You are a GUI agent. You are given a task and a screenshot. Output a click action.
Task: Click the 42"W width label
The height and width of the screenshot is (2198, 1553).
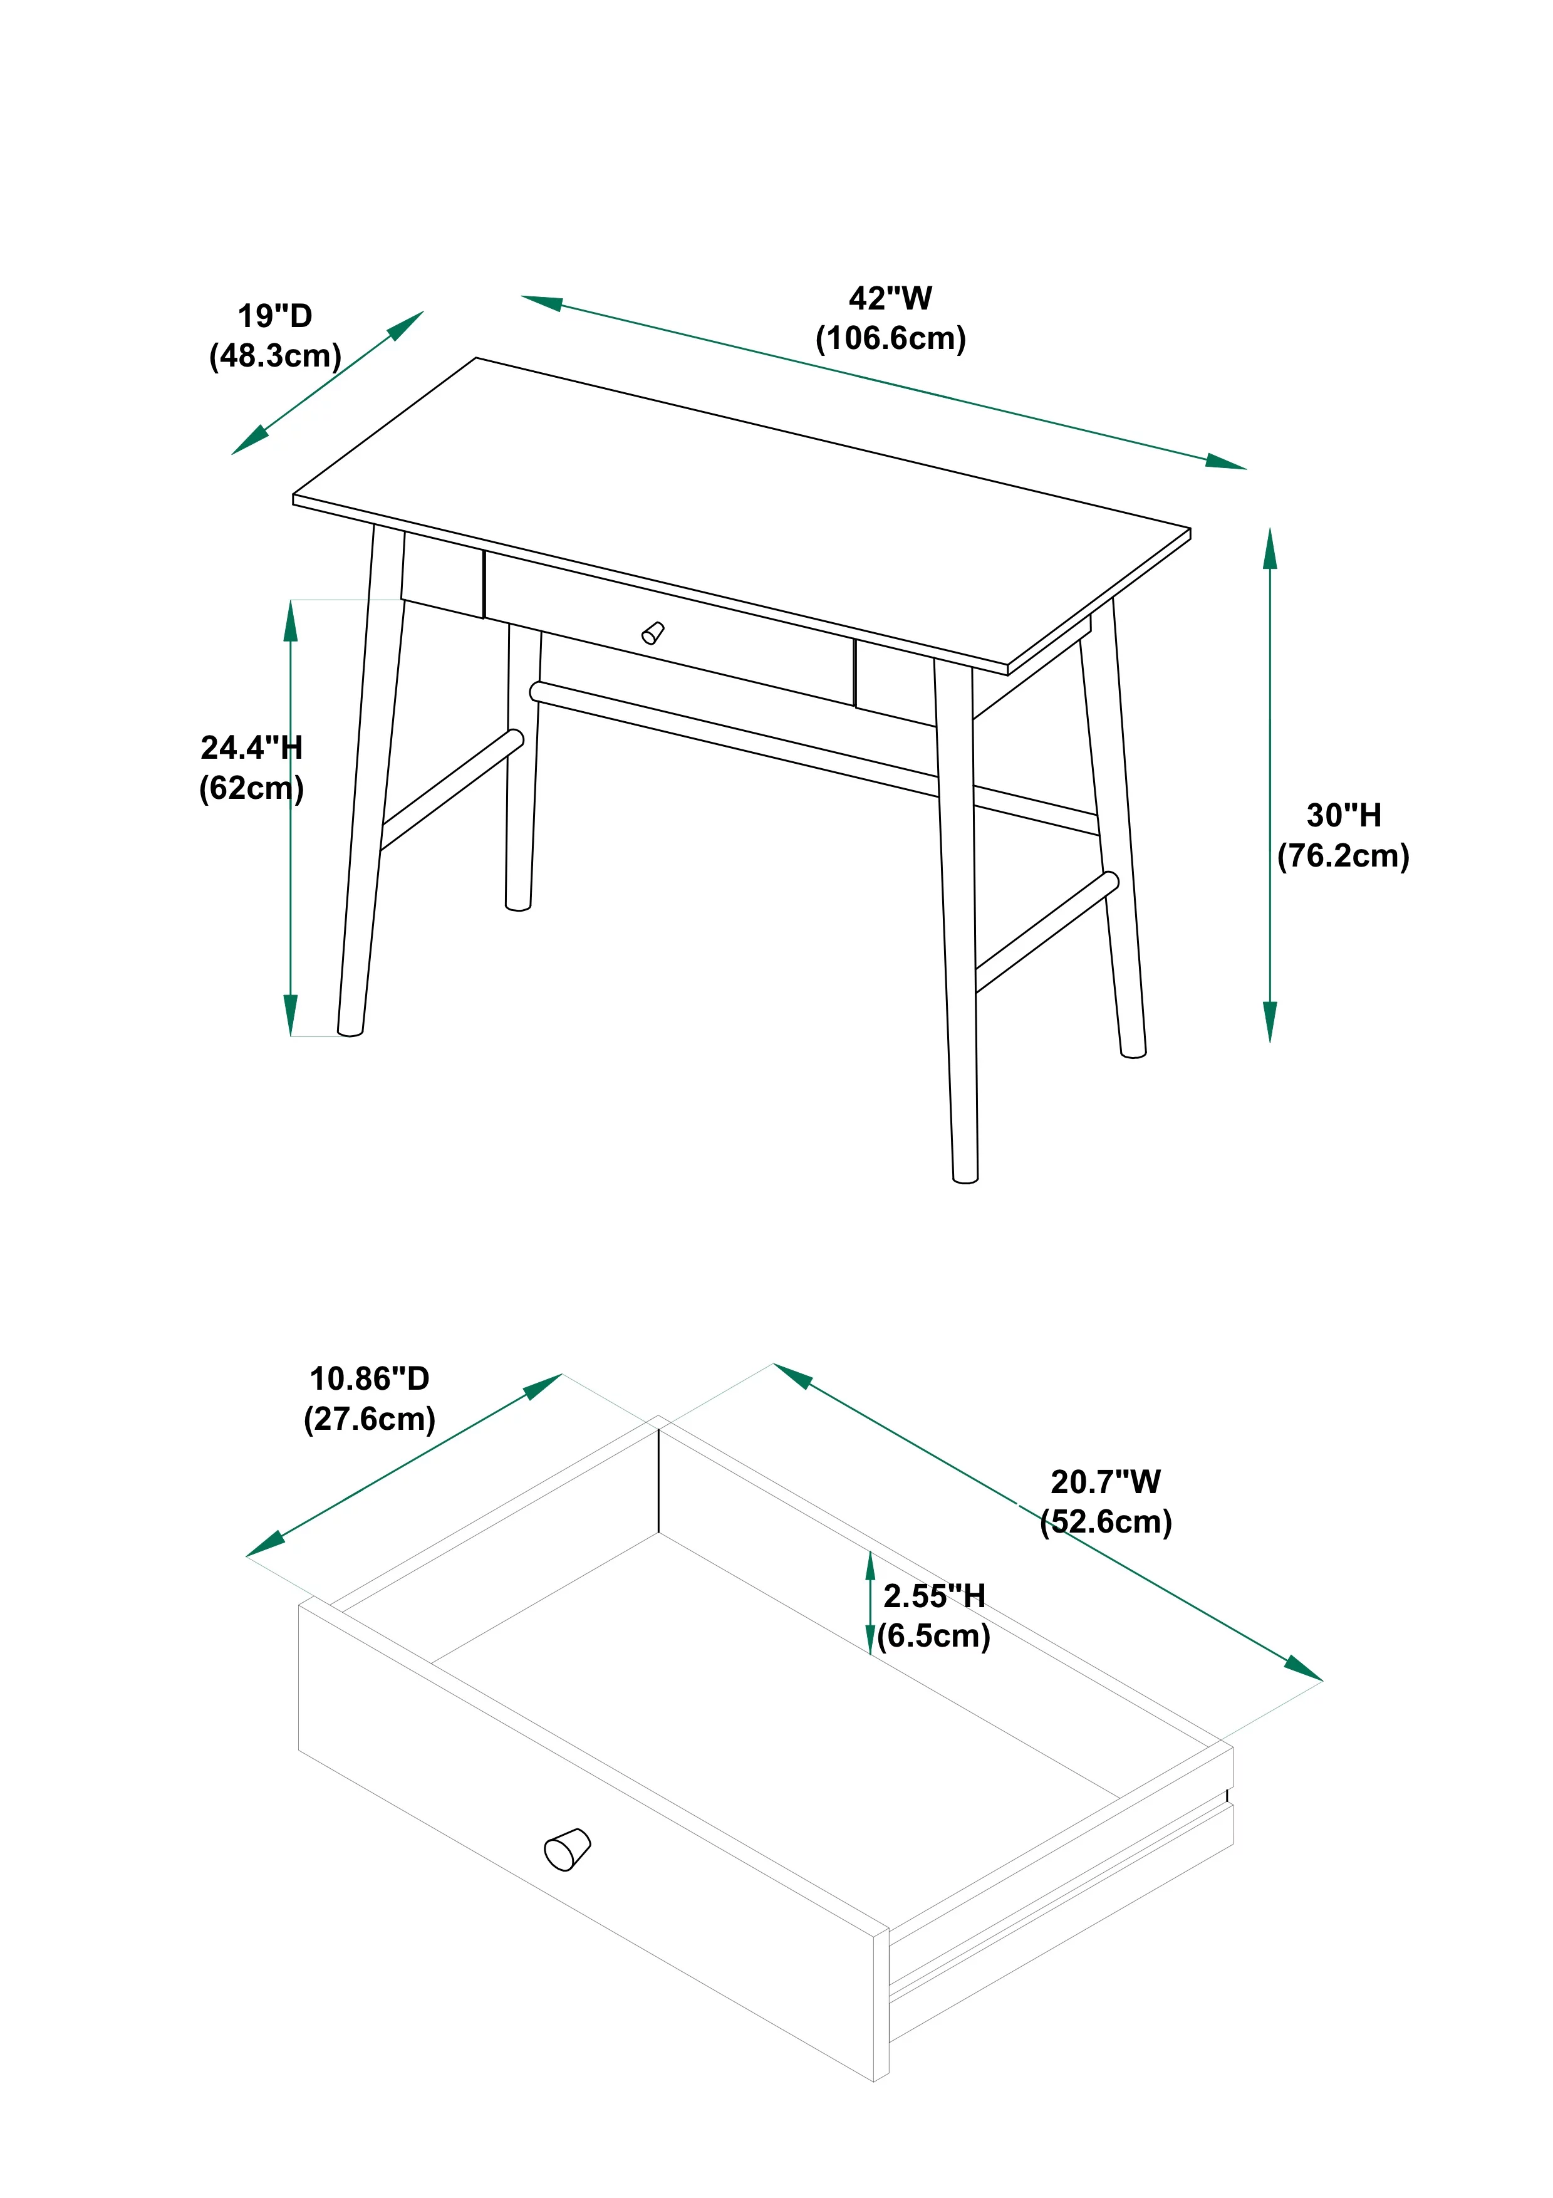889,299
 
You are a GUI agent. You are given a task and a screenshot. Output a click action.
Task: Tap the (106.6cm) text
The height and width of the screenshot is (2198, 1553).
890,339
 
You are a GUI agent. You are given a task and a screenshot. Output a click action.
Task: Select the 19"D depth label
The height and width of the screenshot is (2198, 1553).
274,316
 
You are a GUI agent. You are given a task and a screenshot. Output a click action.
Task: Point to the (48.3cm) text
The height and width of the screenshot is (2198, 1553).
274,356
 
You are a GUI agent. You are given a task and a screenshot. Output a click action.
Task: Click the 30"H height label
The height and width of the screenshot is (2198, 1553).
1343,816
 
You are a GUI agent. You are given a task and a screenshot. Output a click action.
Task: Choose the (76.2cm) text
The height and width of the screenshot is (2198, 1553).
1343,856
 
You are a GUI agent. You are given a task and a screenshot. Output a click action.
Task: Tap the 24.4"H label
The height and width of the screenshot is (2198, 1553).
251,747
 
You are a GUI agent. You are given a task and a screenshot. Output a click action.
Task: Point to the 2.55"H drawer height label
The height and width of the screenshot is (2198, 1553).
934,1596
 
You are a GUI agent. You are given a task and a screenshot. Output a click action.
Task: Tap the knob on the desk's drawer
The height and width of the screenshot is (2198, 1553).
653,633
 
